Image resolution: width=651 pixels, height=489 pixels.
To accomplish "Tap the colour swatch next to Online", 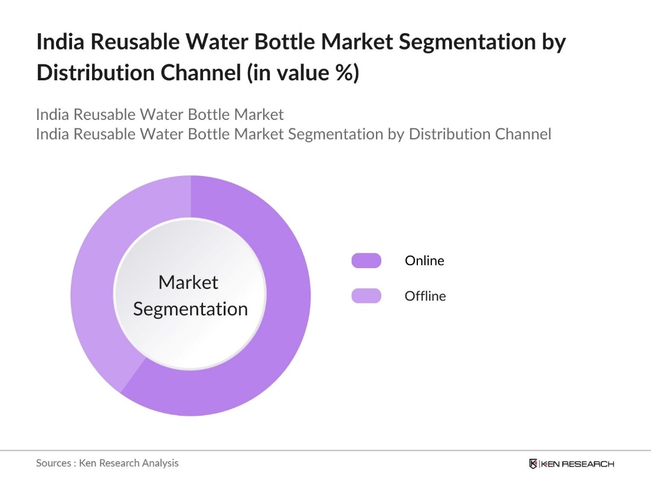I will click(366, 260).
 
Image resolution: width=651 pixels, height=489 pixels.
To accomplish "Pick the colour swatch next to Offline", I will click(366, 296).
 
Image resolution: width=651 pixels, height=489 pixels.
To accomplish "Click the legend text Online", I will click(424, 260).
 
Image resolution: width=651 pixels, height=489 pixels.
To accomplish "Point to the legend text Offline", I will click(425, 296).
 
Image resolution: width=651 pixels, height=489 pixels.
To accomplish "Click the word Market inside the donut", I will click(188, 282).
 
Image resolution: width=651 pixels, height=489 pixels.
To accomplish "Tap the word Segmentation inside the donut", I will click(190, 309).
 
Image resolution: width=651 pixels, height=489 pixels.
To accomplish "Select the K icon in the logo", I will click(534, 464).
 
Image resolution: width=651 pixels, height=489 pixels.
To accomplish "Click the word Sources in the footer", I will click(54, 463).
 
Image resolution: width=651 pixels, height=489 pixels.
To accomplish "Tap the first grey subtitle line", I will click(159, 114).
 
